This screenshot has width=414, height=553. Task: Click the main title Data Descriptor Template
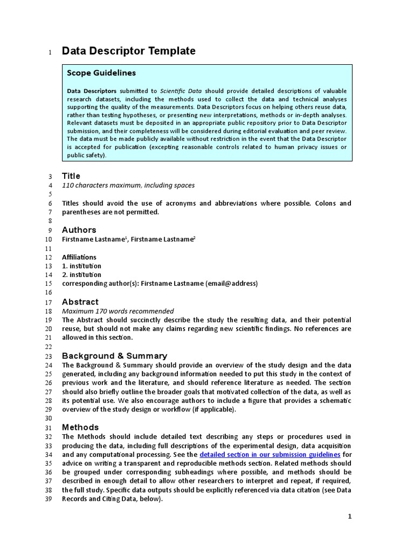point(128,51)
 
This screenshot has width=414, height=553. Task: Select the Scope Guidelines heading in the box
point(101,73)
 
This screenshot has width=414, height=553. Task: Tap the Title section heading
point(71,176)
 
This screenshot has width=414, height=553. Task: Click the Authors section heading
point(79,230)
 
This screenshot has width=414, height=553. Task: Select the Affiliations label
point(79,257)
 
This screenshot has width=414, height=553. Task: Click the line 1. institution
point(81,266)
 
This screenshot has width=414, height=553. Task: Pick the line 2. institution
point(81,275)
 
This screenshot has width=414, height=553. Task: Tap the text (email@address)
point(232,284)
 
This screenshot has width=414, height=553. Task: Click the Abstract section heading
point(80,302)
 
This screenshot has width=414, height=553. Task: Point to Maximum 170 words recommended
point(118,311)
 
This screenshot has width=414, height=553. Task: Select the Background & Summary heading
point(114,356)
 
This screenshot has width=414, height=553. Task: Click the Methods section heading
point(80,427)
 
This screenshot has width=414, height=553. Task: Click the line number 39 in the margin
point(47,500)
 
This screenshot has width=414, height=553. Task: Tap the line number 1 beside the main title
point(49,52)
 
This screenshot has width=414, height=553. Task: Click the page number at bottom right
point(349,517)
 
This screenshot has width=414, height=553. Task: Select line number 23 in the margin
point(47,356)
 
